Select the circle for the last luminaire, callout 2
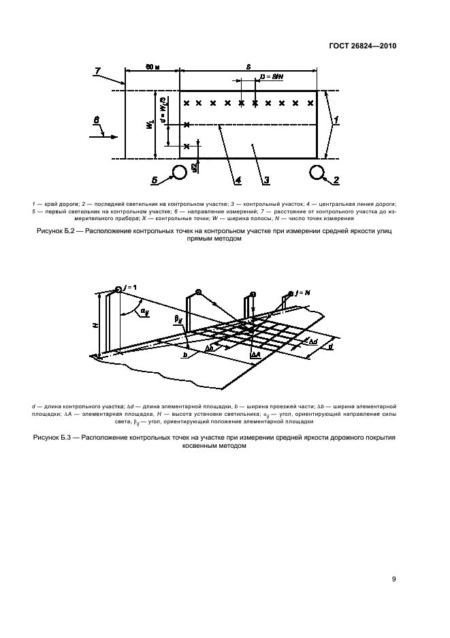coord(317,172)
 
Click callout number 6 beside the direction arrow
coord(96,121)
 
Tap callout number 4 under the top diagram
coord(238,180)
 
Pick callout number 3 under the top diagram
coord(267,180)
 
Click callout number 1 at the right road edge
coord(335,119)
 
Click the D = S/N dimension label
coord(272,78)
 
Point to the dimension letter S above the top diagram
coord(249,65)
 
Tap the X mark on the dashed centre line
coord(187,125)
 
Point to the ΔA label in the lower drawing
coord(256,355)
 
